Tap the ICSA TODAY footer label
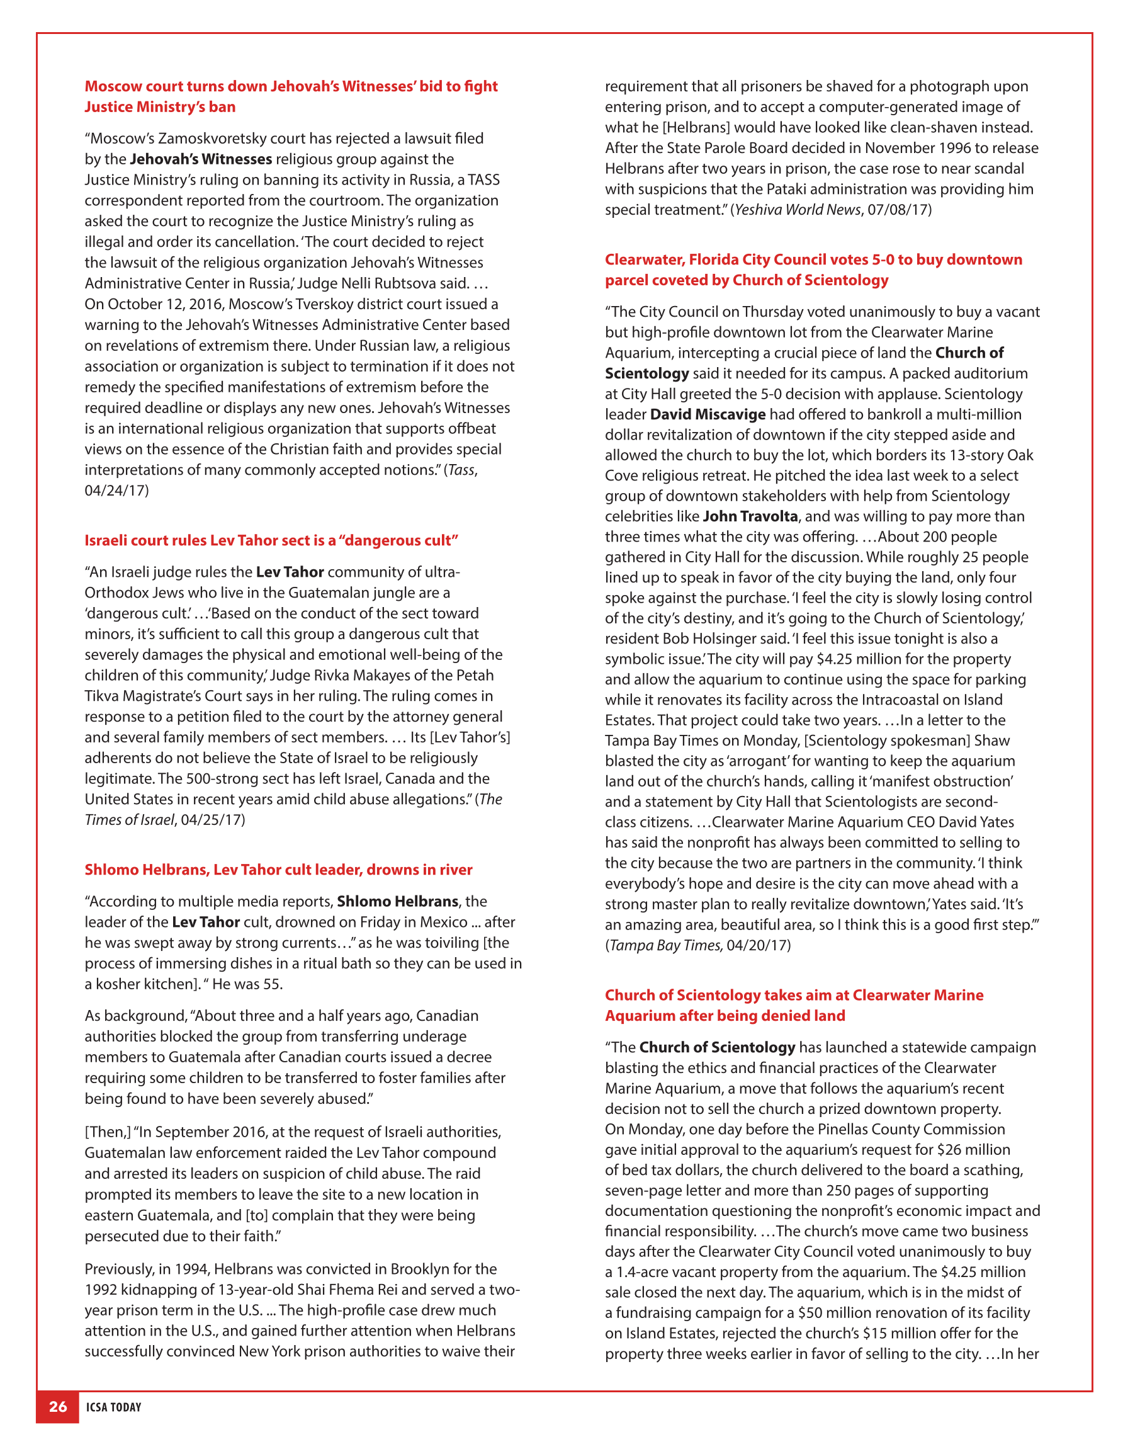(x=114, y=1407)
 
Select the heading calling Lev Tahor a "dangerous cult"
(x=271, y=540)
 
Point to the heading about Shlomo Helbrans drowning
(x=278, y=870)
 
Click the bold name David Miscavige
(x=708, y=414)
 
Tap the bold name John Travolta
(x=750, y=516)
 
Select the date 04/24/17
(x=116, y=491)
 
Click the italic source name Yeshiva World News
(x=798, y=210)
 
